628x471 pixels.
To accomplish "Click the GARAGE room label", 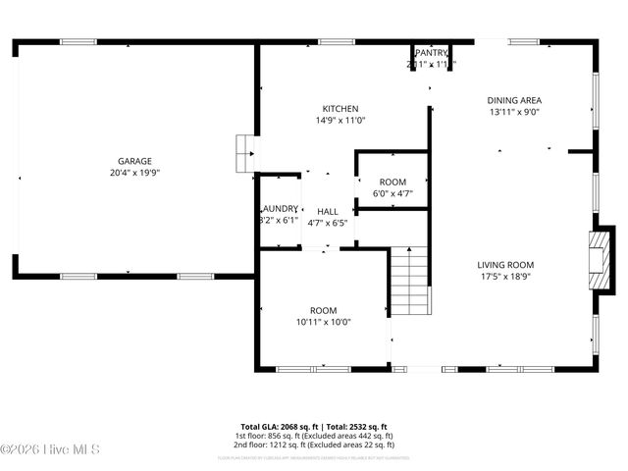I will tap(135, 161).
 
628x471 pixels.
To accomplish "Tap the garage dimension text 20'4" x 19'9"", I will tap(135, 173).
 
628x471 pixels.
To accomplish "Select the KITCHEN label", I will tap(340, 109).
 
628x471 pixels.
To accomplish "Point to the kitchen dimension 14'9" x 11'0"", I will tap(340, 121).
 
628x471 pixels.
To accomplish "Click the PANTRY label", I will tap(432, 53).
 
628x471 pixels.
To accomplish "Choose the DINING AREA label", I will tap(515, 100).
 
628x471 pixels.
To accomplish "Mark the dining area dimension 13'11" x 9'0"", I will tap(515, 112).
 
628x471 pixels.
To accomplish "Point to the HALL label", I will tap(328, 211).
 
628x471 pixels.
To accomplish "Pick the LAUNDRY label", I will tap(279, 208).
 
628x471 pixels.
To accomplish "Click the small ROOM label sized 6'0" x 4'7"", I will tap(392, 183).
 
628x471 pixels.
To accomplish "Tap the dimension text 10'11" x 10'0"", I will tap(324, 322).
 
